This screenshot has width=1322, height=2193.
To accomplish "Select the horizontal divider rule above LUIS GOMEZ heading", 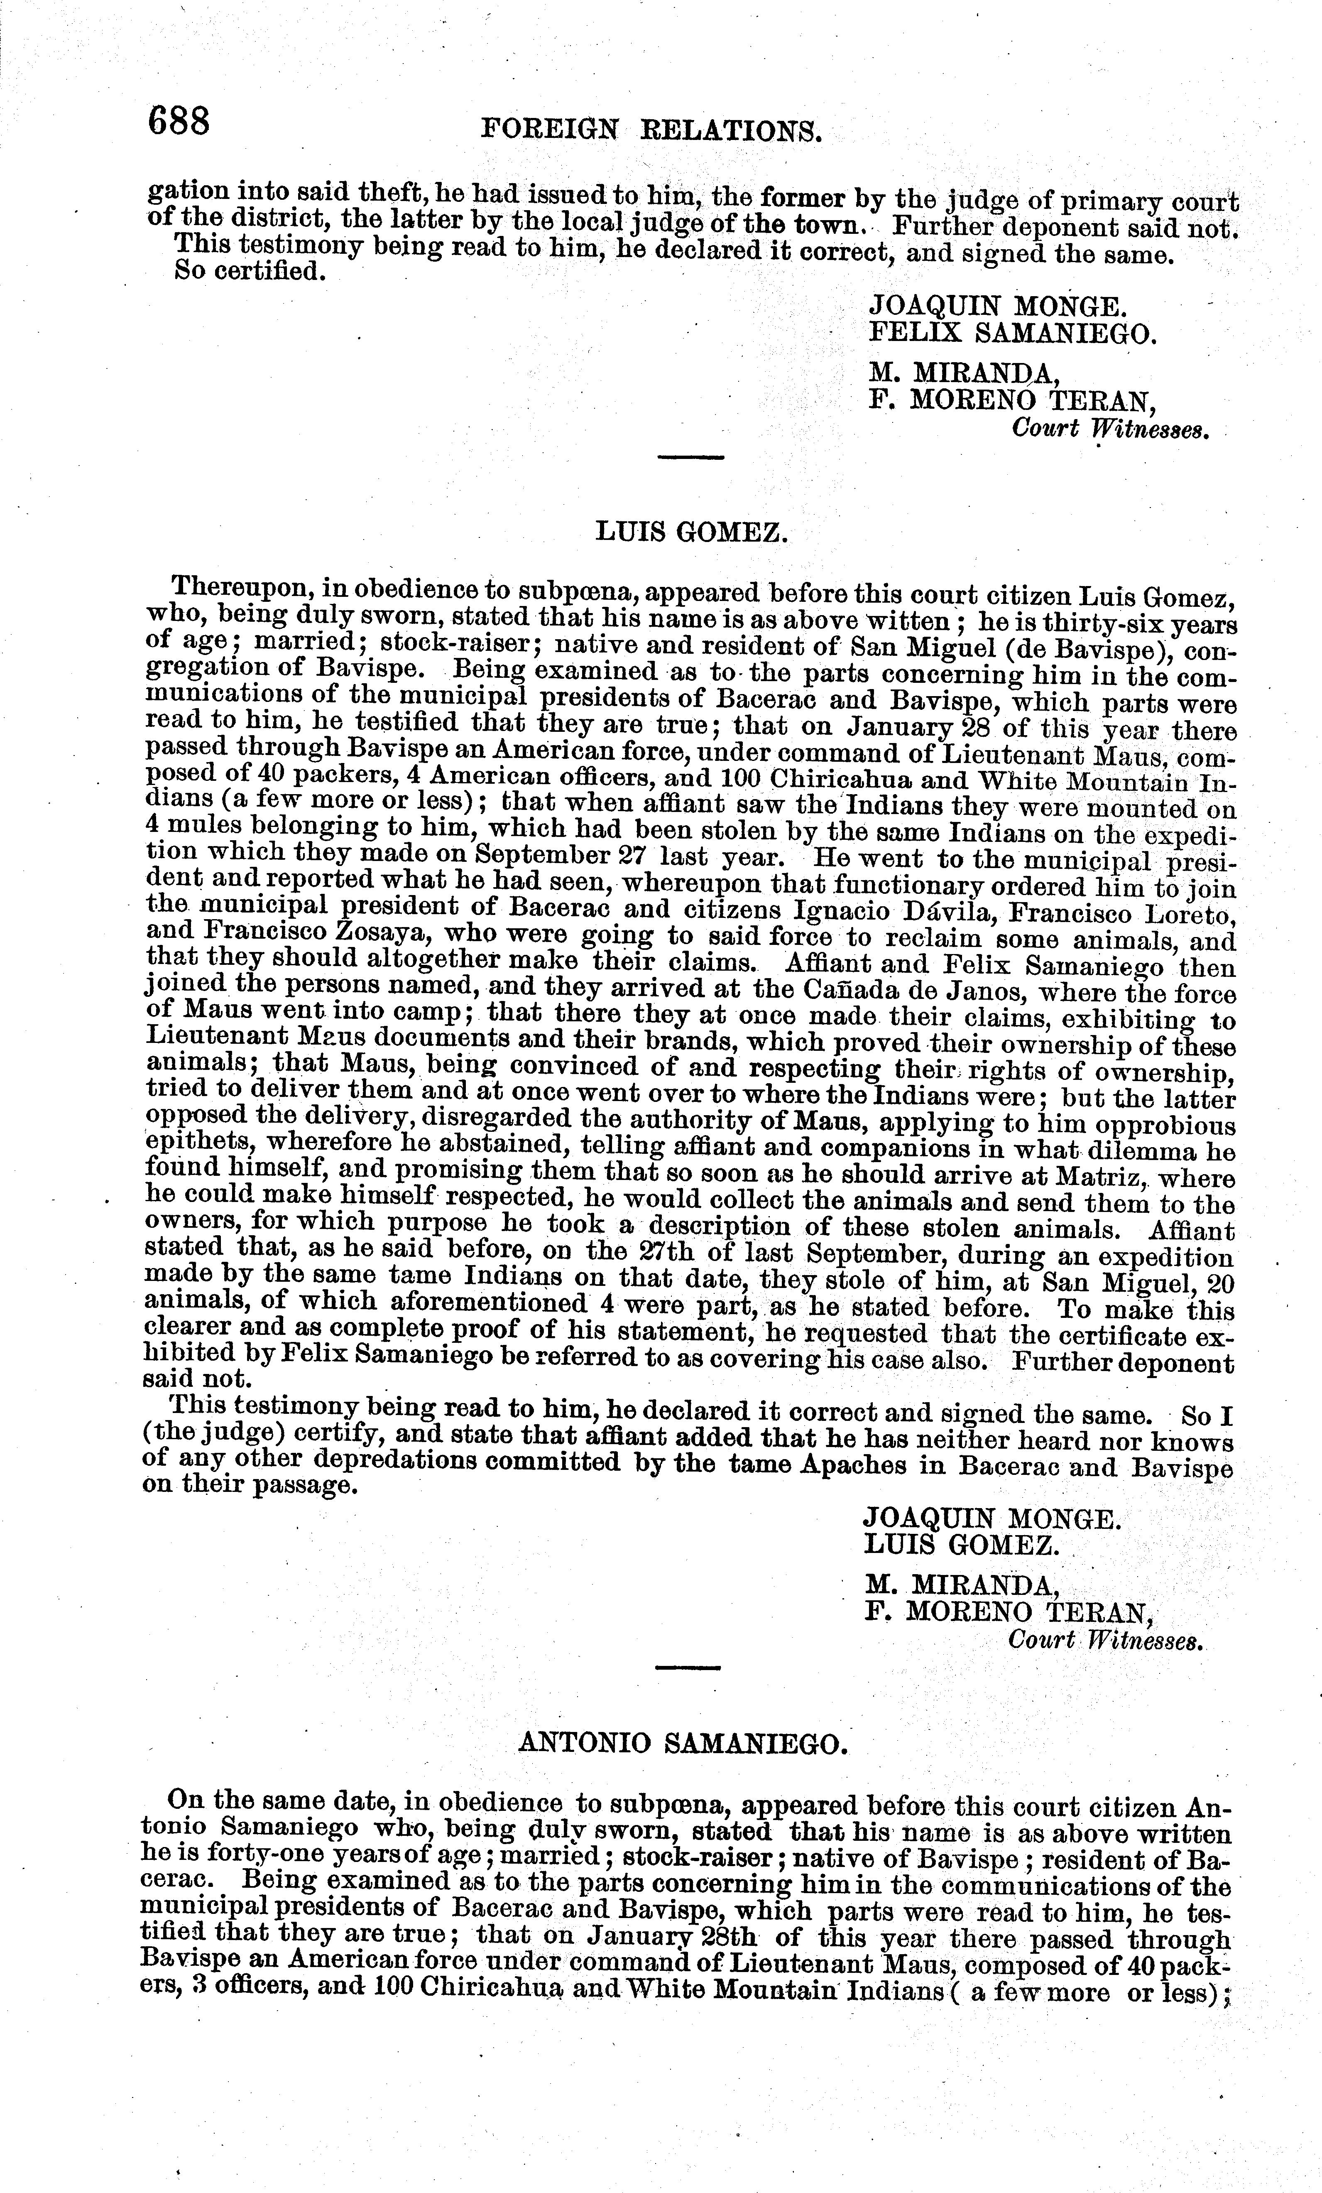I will click(x=691, y=457).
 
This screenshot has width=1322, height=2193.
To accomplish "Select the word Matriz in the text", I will click(x=1096, y=1177).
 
